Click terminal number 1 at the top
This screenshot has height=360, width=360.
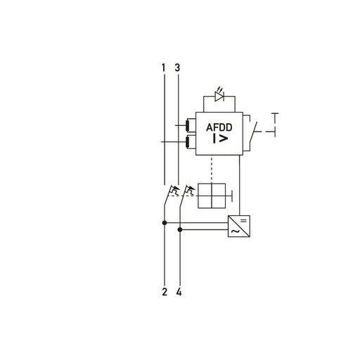click(x=164, y=67)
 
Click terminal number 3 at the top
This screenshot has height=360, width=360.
click(x=177, y=67)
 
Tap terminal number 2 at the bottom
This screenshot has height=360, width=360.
click(x=165, y=292)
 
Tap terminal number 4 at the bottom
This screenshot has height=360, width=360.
click(x=179, y=292)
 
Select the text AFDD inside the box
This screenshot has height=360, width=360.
click(x=219, y=127)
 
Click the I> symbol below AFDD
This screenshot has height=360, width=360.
click(x=220, y=139)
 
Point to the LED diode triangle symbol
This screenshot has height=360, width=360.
click(x=219, y=96)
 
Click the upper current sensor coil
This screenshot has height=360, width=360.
click(x=188, y=125)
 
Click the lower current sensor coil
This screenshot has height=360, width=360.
click(x=188, y=142)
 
